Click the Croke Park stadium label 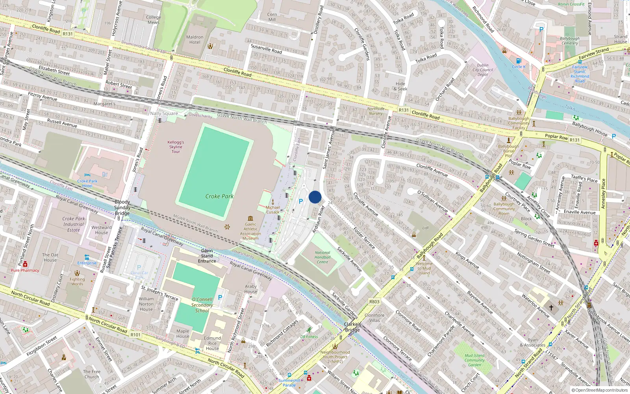click(x=219, y=196)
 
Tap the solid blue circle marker click(x=315, y=197)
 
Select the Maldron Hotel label click(x=195, y=40)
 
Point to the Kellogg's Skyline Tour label click(x=176, y=147)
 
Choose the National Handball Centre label click(x=322, y=257)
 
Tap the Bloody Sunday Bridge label click(x=122, y=208)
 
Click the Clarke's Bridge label click(x=352, y=327)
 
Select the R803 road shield click(x=374, y=302)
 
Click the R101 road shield click(x=135, y=335)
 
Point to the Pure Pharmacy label click(x=25, y=270)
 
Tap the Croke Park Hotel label click(x=87, y=184)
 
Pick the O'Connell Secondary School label click(x=202, y=305)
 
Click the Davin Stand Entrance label click(x=207, y=256)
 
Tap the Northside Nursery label click(x=376, y=111)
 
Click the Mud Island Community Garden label click(x=474, y=360)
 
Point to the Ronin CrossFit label click(x=571, y=4)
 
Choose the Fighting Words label click(x=77, y=281)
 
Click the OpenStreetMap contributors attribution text click(x=600, y=390)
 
